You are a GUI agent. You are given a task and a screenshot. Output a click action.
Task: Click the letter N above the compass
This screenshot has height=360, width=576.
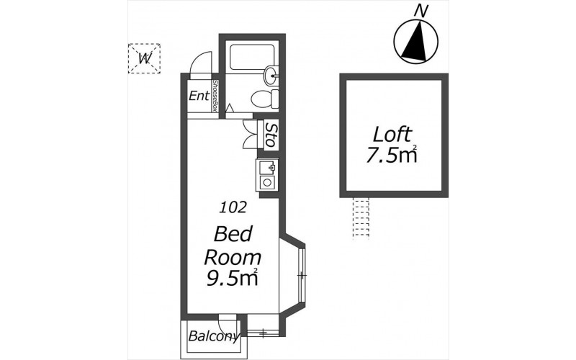click(421, 11)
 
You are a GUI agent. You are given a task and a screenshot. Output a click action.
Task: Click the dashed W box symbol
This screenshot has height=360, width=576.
click(144, 58)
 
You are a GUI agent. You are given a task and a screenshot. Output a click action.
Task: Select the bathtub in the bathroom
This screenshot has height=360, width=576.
click(251, 58)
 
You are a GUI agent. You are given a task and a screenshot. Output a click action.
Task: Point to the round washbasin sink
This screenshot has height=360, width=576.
click(271, 76)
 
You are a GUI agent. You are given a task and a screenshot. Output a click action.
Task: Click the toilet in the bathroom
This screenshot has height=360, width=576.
click(265, 98)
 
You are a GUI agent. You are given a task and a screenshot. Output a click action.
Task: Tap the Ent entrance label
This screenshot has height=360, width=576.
click(199, 96)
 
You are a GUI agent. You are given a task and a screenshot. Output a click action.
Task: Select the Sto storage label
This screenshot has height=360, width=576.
click(271, 135)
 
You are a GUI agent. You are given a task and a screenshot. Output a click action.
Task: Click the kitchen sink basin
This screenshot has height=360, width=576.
click(267, 168)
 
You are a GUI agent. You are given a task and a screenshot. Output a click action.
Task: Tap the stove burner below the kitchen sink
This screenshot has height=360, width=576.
click(267, 183)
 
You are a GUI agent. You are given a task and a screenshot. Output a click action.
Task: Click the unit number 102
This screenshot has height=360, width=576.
click(233, 208)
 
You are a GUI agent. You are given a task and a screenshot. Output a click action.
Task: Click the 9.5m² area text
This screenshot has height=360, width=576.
click(231, 278)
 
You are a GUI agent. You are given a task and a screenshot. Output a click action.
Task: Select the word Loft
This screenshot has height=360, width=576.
click(392, 135)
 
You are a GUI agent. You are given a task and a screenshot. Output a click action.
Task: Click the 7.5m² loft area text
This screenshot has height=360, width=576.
click(392, 155)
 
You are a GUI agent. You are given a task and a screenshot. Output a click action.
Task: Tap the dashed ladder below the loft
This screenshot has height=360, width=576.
click(361, 219)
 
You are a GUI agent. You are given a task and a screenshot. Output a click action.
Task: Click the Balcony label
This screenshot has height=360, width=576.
click(214, 336)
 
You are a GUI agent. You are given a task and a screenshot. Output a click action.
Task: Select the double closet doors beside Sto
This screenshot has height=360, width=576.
click(251, 135)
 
